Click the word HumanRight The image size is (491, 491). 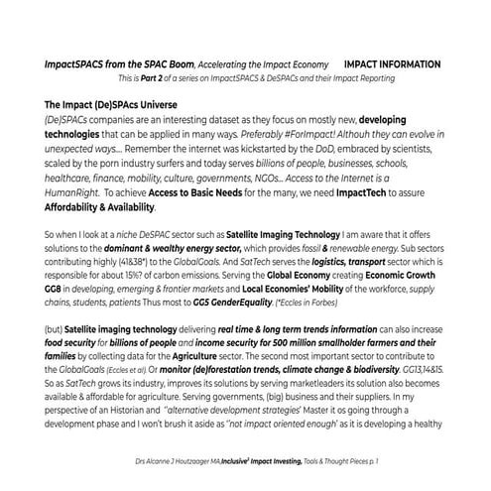pos(80,195)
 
